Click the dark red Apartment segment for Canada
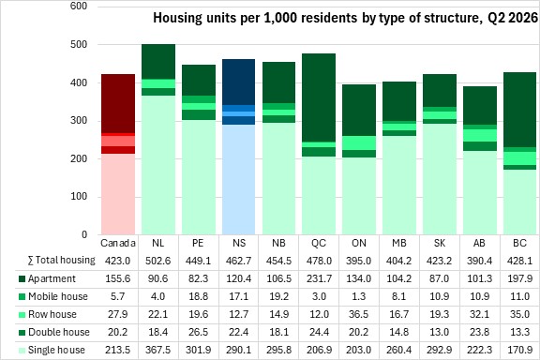(118, 103)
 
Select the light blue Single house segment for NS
(239, 179)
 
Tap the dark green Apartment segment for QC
(319, 97)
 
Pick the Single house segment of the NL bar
(158, 165)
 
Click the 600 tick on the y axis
(79, 6)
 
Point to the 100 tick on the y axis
(79, 196)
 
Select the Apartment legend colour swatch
(22, 278)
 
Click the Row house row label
(52, 314)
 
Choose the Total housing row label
(61, 260)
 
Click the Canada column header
(118, 243)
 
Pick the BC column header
(519, 243)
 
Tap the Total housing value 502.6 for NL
(158, 261)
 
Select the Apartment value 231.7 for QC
(319, 278)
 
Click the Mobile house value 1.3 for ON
(359, 296)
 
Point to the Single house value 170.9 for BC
(519, 350)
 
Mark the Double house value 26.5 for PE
(199, 332)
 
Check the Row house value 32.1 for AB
(479, 314)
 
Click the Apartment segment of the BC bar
(519, 110)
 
